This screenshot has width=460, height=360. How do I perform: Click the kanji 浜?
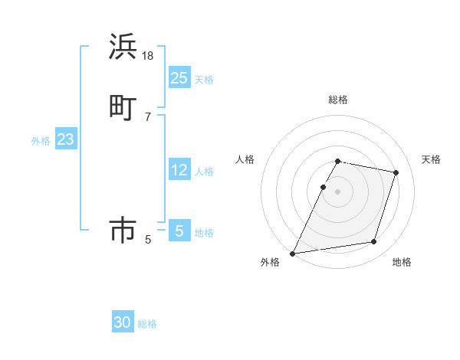pos(123,47)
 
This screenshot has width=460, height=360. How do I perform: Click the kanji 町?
pos(123,107)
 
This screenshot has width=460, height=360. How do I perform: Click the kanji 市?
pos(123,231)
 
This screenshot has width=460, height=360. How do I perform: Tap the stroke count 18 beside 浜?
pos(148,56)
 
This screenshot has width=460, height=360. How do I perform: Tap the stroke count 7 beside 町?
pos(148,116)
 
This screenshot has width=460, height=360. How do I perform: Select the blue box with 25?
pos(179,78)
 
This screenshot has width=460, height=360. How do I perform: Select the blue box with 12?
pos(179,170)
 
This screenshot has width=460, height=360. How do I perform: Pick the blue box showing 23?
pos(66,139)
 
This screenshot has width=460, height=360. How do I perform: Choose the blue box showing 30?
pos(123,322)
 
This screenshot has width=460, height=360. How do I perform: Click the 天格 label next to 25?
pos(204,80)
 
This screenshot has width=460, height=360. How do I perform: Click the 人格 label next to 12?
pos(204,172)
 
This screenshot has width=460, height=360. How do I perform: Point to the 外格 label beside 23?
pos(41,141)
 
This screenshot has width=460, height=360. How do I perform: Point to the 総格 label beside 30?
pos(147,324)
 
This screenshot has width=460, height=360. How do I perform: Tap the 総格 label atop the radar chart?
pos(338,100)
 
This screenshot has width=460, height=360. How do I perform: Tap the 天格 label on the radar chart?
pos(431,159)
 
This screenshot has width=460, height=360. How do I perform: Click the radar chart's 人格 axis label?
pos(245,159)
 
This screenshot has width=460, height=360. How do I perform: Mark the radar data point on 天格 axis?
pos(396,173)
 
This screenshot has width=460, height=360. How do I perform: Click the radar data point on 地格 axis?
pos(374,242)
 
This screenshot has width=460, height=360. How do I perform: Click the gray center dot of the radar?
pos(338,191)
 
